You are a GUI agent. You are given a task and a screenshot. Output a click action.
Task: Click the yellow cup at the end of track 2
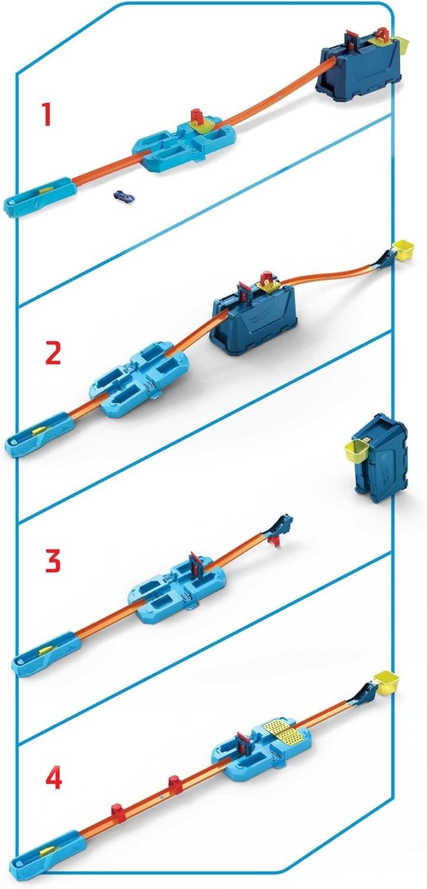[x=403, y=250]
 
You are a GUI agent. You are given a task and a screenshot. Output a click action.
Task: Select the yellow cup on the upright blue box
[x=358, y=451]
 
